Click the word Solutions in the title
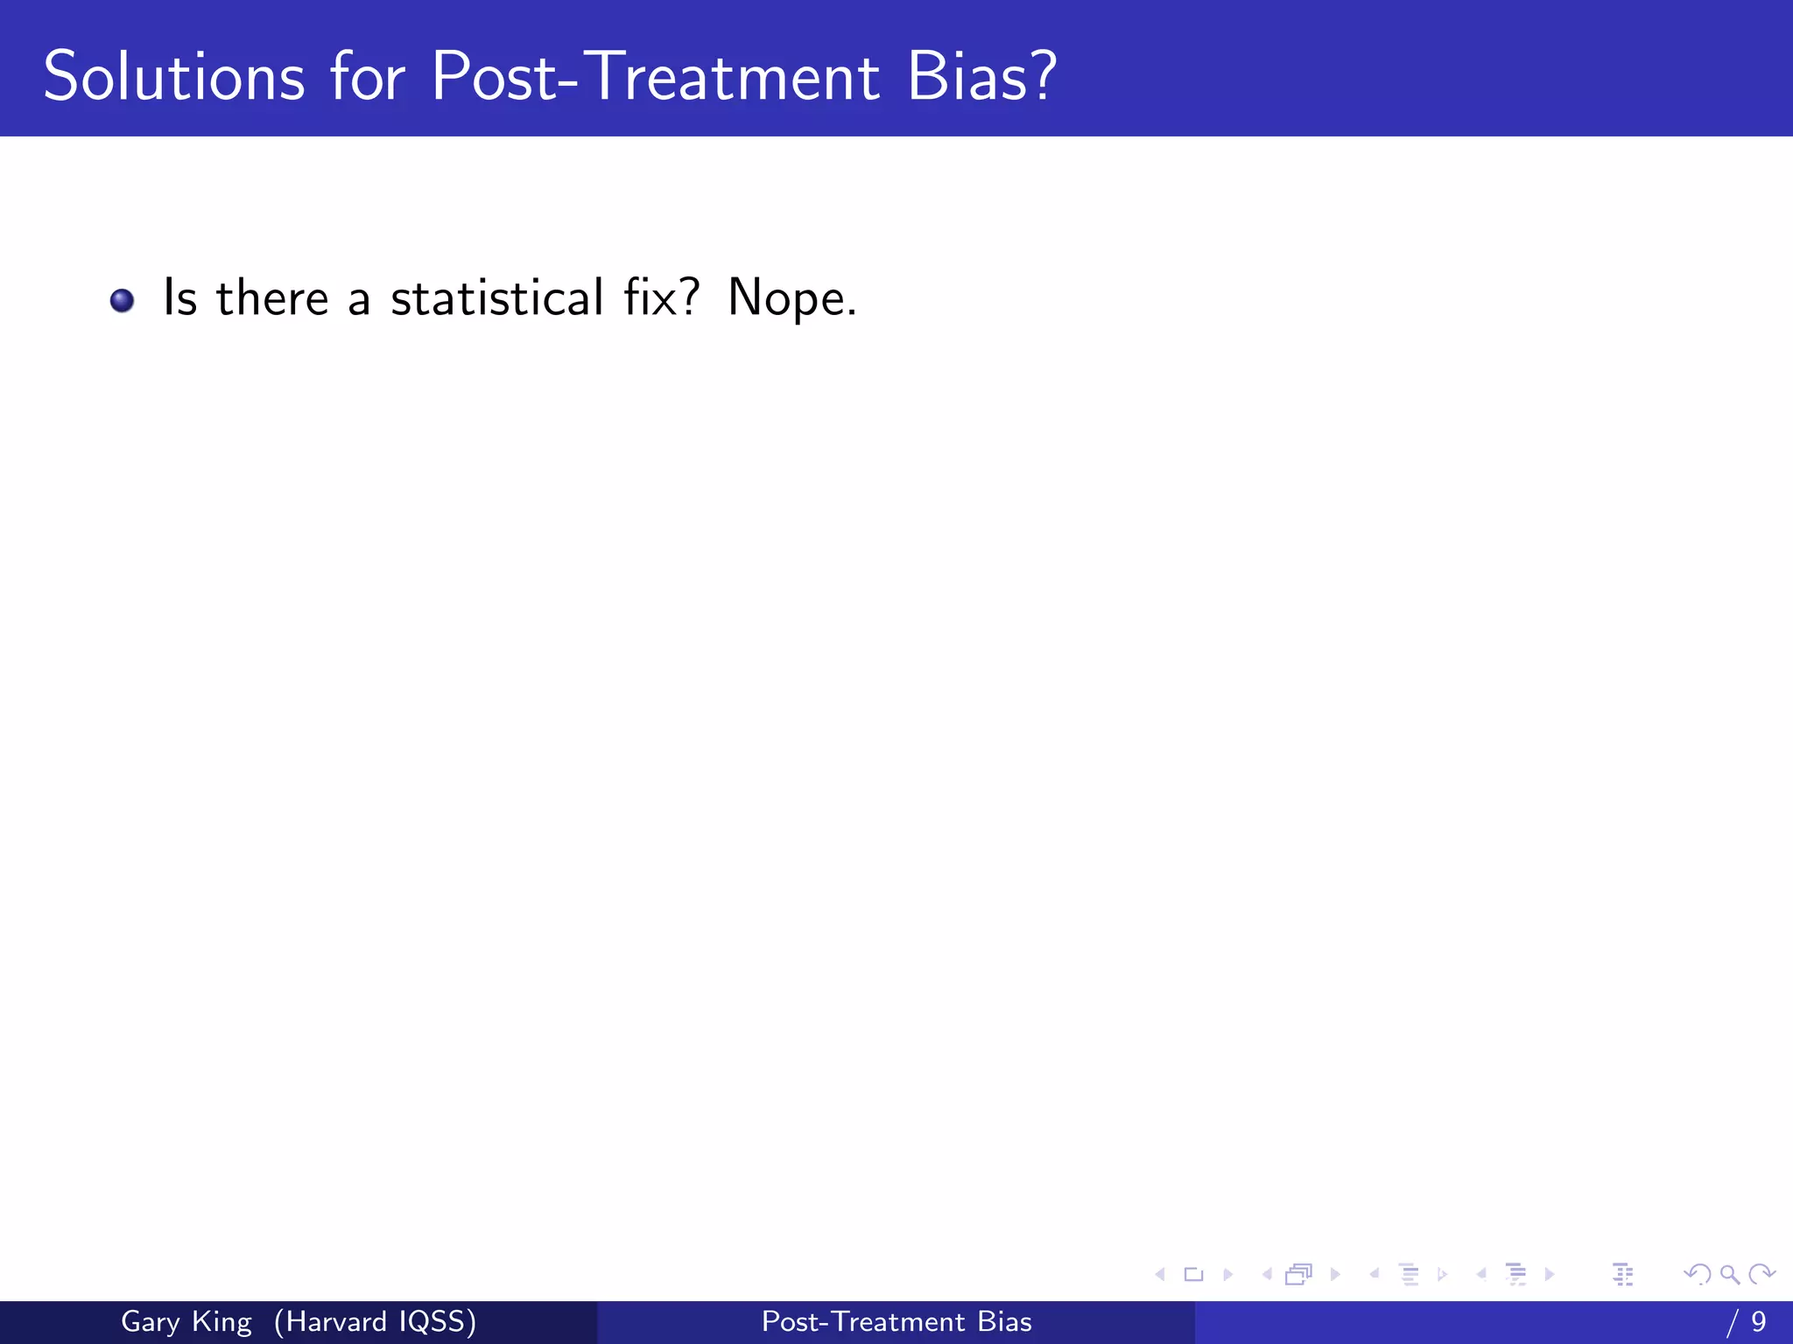[x=174, y=77]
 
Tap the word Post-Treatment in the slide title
[x=655, y=77]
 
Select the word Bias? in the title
[x=981, y=77]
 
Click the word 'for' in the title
[x=367, y=77]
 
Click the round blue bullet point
[x=122, y=301]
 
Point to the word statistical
[x=496, y=298]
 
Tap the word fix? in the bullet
[x=662, y=297]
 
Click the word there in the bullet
[x=272, y=298]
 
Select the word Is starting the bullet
[x=180, y=298]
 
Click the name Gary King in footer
[x=186, y=1322]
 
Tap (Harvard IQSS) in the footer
[x=375, y=1322]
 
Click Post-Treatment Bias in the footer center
[x=896, y=1322]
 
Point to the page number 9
[x=1758, y=1322]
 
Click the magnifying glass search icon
[x=1729, y=1275]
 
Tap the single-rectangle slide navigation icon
[x=1193, y=1275]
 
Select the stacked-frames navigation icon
[x=1299, y=1275]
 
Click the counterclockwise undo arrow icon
[x=1697, y=1275]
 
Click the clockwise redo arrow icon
[x=1761, y=1275]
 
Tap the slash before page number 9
[x=1732, y=1322]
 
